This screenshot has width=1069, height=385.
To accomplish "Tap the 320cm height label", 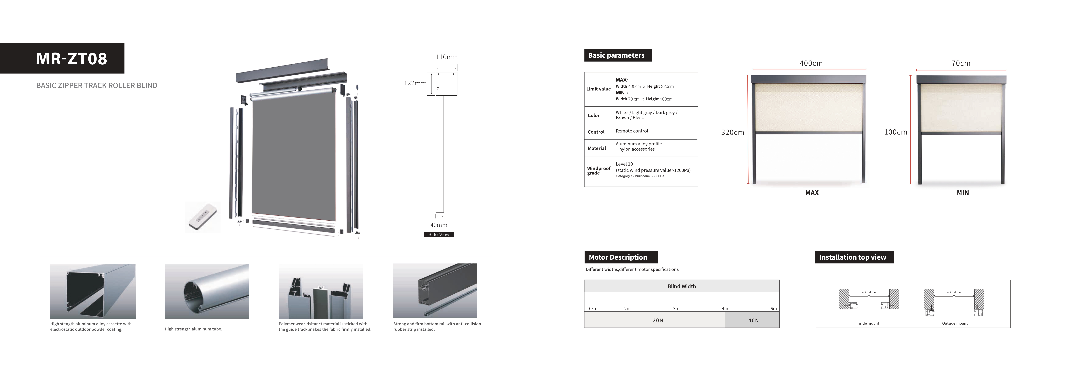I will coord(732,132).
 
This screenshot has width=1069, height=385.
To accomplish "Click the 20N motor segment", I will coord(658,320).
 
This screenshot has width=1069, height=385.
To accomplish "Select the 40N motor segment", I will coord(753,320).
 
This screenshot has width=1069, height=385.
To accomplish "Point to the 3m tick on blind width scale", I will coord(676,309).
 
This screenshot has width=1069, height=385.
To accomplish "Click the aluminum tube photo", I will coord(207,291).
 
